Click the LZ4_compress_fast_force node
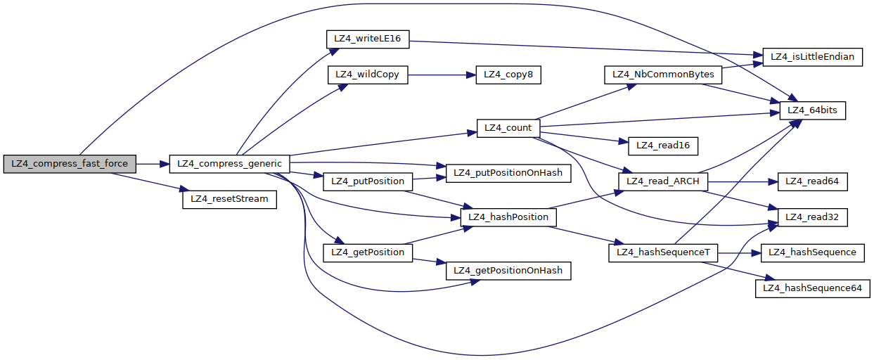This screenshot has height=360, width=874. pyautogui.click(x=70, y=163)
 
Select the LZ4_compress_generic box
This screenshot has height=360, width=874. pyautogui.click(x=229, y=163)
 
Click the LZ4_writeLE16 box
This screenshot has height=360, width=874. pyautogui.click(x=368, y=39)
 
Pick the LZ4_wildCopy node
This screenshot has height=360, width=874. pyautogui.click(x=368, y=75)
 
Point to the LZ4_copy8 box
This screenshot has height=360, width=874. pyautogui.click(x=508, y=75)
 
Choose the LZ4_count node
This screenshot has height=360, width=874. pyautogui.click(x=508, y=128)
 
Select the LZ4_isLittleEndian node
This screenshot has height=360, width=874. pyautogui.click(x=813, y=57)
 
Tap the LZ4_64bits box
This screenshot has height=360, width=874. pyautogui.click(x=813, y=110)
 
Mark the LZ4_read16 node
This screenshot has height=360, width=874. pyautogui.click(x=662, y=146)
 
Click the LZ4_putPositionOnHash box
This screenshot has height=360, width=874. pyautogui.click(x=508, y=172)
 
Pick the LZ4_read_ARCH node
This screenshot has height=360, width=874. pyautogui.click(x=662, y=181)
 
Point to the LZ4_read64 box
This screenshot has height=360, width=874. pyautogui.click(x=812, y=181)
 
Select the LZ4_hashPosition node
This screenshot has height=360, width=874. pyautogui.click(x=508, y=217)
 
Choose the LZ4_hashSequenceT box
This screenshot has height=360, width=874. pyautogui.click(x=662, y=252)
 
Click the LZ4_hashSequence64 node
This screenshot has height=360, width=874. pyautogui.click(x=812, y=288)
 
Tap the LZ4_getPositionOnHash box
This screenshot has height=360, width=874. pyautogui.click(x=508, y=270)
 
